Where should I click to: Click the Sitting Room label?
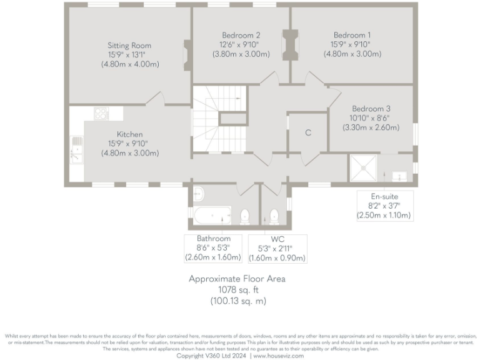click(x=129, y=46)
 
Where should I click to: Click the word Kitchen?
click(x=129, y=134)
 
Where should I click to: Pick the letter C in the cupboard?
click(x=308, y=133)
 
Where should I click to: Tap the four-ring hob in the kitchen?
click(x=101, y=114)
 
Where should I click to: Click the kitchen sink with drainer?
click(x=76, y=149)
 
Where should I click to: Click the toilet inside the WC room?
click(x=273, y=217)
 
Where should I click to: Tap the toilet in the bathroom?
click(x=245, y=217)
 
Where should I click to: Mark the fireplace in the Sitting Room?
click(x=187, y=55)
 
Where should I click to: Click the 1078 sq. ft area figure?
click(x=237, y=290)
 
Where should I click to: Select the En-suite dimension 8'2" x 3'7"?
click(x=384, y=206)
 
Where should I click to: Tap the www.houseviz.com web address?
click(x=278, y=356)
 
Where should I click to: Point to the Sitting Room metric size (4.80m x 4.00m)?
click(x=129, y=64)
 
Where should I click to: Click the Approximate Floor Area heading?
click(x=237, y=279)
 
